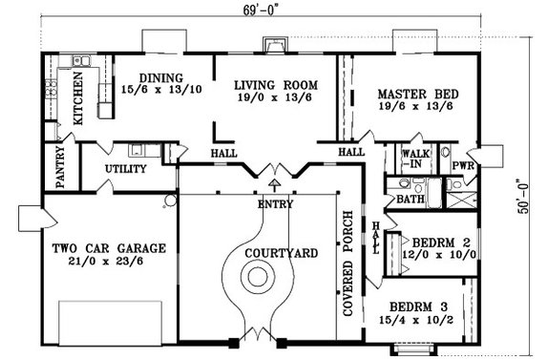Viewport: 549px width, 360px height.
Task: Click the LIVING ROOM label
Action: pos(275,84)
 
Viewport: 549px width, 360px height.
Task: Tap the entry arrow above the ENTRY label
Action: pos(275,184)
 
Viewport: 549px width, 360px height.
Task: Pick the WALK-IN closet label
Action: pos(415,158)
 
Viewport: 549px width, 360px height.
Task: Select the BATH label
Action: pos(412,200)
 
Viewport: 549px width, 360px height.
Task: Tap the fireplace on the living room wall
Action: pos(274,45)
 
